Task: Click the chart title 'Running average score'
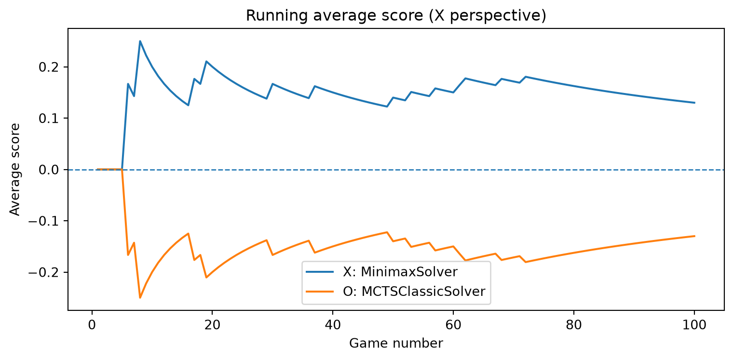point(334,16)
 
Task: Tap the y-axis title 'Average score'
point(15,169)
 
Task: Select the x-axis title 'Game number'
point(396,343)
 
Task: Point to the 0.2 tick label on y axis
point(48,67)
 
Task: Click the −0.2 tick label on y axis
point(43,272)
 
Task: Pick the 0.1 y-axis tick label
point(48,119)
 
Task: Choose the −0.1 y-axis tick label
point(43,221)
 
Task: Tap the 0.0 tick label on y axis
point(48,170)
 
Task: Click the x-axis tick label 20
point(212,325)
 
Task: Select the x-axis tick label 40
point(333,325)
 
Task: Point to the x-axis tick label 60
point(453,325)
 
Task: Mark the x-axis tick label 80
point(574,325)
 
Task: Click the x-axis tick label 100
point(694,325)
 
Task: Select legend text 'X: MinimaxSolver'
point(400,272)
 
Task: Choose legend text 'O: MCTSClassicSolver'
point(414,292)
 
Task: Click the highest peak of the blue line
point(140,41)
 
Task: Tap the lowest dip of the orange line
point(140,298)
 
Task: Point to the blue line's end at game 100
point(694,103)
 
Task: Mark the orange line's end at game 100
point(694,236)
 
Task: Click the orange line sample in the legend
point(320,292)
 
